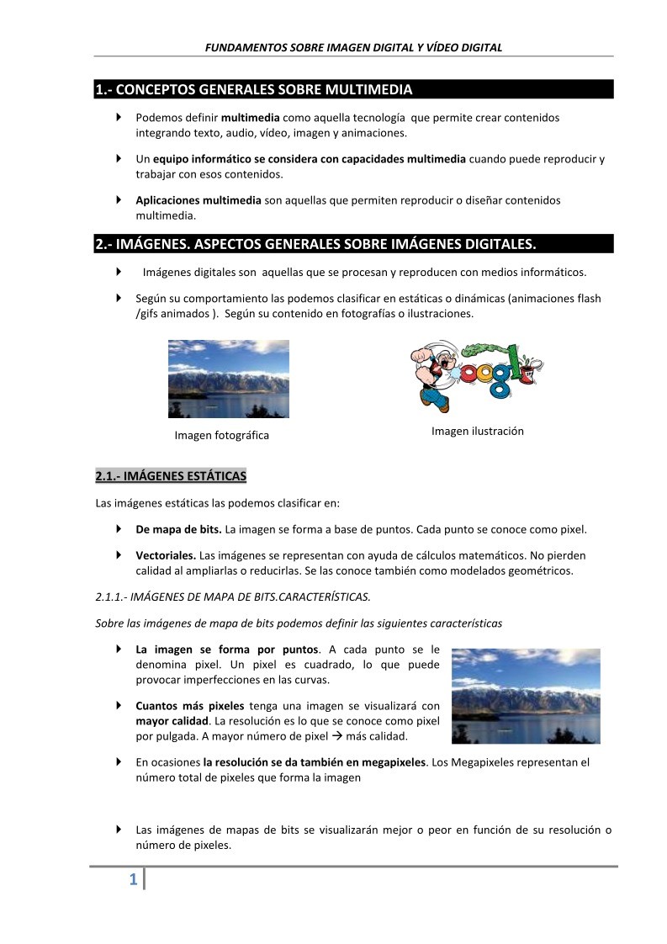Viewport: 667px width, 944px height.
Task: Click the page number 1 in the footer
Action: [x=134, y=881]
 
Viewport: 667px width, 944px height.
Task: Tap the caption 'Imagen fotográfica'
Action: [x=221, y=435]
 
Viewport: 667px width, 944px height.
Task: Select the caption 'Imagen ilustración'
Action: [x=477, y=431]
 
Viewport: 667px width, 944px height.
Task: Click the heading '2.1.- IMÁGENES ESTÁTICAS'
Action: [x=171, y=477]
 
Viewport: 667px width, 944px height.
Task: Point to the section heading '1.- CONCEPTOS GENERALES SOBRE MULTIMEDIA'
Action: [x=253, y=89]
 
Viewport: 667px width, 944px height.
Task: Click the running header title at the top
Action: [x=353, y=47]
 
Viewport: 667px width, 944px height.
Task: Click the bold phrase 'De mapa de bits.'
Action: [x=178, y=529]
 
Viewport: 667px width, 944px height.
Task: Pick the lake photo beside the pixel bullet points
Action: [x=526, y=696]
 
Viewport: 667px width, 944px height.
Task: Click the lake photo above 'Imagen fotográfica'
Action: [x=229, y=379]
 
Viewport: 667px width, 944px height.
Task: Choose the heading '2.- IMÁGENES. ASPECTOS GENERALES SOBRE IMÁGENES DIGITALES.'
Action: [x=315, y=244]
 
